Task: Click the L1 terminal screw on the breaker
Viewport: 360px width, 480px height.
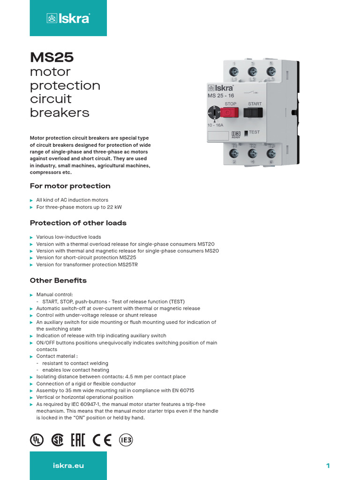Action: (x=234, y=72)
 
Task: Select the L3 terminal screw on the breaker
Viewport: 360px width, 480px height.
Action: (x=270, y=71)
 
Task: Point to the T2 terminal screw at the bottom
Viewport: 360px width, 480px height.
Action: (x=252, y=153)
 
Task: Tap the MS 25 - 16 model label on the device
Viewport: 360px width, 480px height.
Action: (x=221, y=96)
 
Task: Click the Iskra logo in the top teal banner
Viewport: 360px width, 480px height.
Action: (x=68, y=18)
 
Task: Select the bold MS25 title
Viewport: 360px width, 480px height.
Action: (x=52, y=57)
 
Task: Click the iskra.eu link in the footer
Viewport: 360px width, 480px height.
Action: (x=68, y=465)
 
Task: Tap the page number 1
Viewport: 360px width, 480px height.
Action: (x=328, y=465)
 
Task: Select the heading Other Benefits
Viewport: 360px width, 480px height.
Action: (x=58, y=280)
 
